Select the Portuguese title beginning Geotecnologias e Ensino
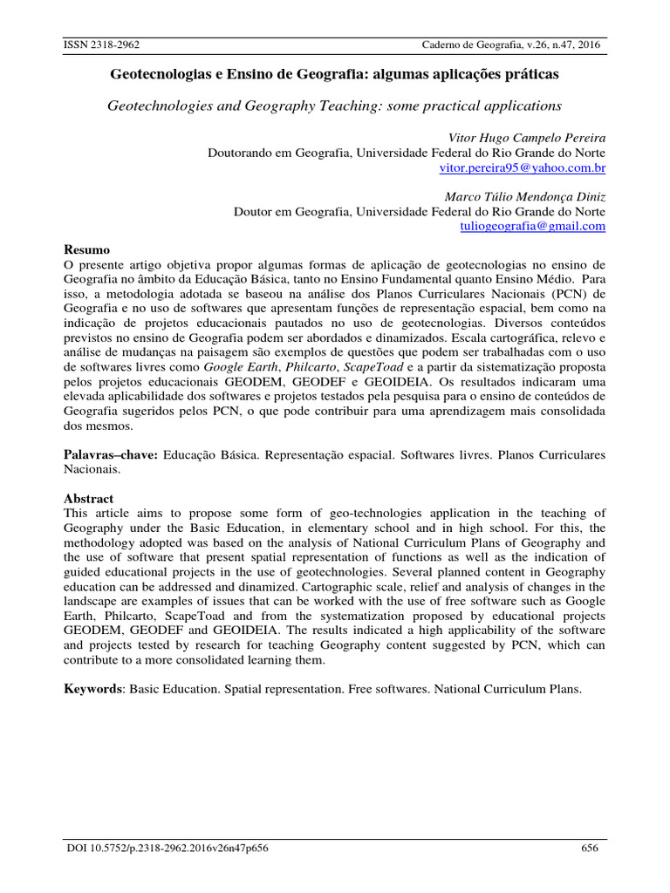point(334,76)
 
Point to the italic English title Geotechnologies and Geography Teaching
point(334,106)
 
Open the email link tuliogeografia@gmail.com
point(532,226)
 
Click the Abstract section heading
point(90,498)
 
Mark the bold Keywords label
point(96,689)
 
